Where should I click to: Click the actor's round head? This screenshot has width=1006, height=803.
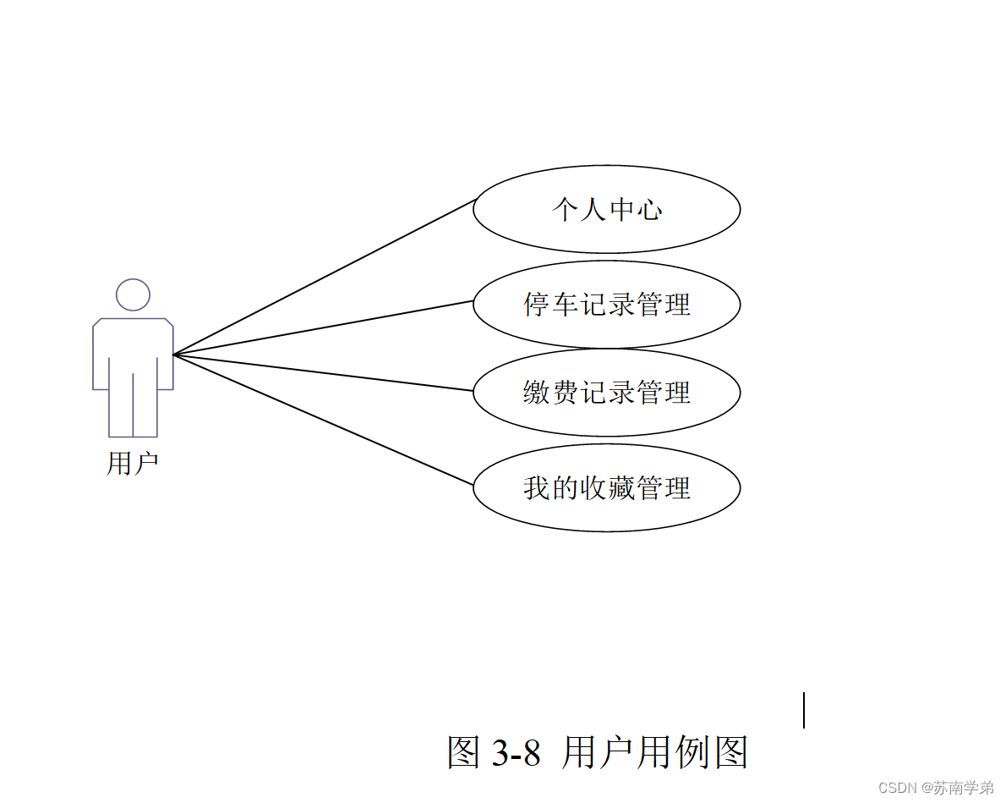pos(133,294)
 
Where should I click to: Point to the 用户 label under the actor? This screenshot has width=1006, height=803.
pos(133,464)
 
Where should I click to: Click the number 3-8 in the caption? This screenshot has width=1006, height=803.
pos(516,752)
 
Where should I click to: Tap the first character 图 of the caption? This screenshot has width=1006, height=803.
pos(464,752)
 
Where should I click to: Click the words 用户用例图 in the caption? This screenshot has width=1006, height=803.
pos(654,752)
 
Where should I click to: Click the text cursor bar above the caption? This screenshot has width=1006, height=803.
pos(803,709)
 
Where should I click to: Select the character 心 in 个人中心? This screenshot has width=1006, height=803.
pos(648,209)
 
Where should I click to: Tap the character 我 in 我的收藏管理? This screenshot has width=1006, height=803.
pos(537,488)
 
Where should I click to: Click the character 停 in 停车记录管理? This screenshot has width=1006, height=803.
pos(537,305)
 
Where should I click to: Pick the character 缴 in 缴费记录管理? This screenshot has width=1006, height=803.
pos(537,393)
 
